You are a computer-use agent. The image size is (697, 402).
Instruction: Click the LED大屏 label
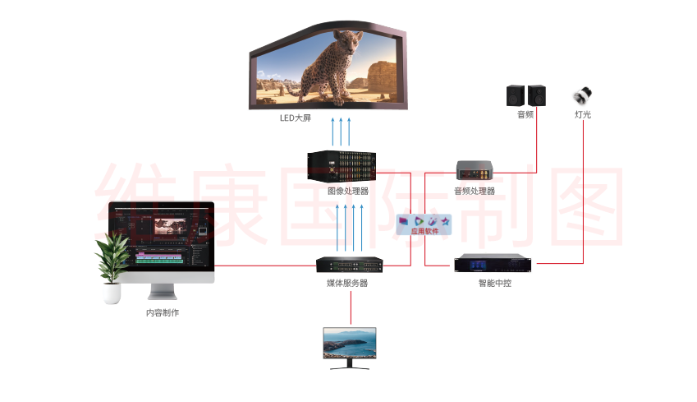click(295, 118)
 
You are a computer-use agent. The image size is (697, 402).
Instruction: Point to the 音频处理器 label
click(475, 191)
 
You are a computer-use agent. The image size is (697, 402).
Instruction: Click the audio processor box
click(475, 170)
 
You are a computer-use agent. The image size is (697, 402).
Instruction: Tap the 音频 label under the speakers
click(525, 114)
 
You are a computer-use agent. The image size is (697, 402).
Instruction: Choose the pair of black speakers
click(525, 95)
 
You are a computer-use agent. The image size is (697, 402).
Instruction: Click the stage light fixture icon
click(583, 95)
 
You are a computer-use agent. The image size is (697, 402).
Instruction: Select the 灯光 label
click(583, 114)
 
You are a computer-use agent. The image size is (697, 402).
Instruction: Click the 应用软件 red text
click(424, 231)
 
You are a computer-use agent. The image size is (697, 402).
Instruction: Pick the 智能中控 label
click(495, 283)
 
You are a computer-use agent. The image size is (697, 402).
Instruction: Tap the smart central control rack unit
click(495, 264)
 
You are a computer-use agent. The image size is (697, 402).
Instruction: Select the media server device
click(351, 266)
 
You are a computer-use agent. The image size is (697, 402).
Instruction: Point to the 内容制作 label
click(163, 312)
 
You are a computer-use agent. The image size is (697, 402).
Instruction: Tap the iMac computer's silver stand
click(162, 290)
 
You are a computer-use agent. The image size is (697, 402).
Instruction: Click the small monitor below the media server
click(351, 346)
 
